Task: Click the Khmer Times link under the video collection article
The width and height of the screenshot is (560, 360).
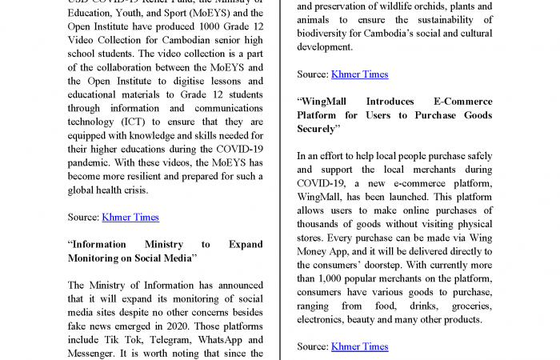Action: coord(130,217)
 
